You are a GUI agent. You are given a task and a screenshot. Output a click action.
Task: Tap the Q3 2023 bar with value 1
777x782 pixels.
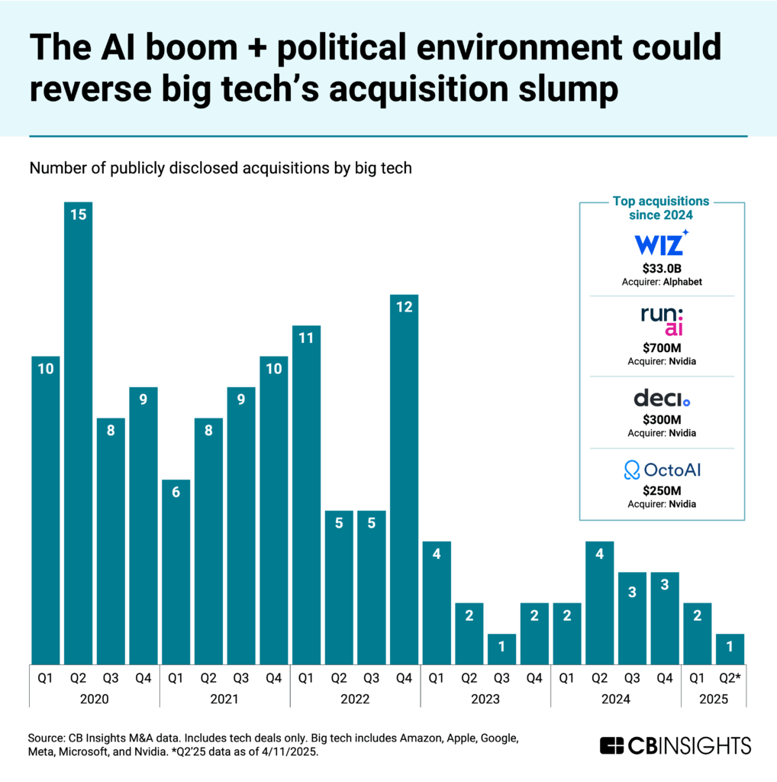pyautogui.click(x=501, y=648)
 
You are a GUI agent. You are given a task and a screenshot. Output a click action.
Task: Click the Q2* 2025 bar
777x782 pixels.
pyautogui.click(x=729, y=648)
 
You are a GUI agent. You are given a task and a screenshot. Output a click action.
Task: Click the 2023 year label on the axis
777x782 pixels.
pyautogui.click(x=485, y=699)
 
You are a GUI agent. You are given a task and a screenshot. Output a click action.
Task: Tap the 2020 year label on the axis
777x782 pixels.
pyautogui.click(x=94, y=699)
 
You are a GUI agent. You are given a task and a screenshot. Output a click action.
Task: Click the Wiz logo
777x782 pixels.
pyautogui.click(x=661, y=244)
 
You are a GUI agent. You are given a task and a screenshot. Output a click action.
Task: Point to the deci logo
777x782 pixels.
pyautogui.click(x=661, y=399)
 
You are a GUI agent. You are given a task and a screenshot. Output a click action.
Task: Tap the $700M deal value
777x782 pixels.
pyautogui.click(x=661, y=347)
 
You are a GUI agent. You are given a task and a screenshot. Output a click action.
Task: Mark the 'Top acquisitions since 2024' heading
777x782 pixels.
pyautogui.click(x=661, y=207)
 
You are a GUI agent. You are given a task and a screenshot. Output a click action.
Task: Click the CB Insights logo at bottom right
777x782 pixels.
pyautogui.click(x=675, y=745)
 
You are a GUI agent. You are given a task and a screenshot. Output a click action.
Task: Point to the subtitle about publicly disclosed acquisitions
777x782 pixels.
pyautogui.click(x=221, y=168)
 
